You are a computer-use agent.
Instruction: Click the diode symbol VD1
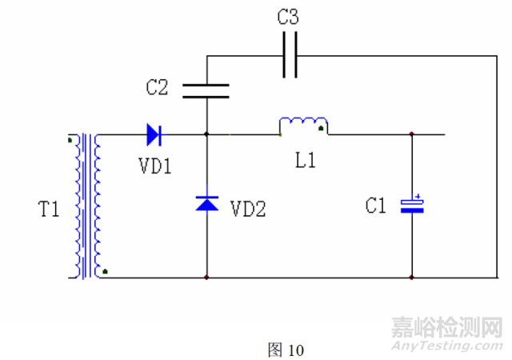coord(154,134)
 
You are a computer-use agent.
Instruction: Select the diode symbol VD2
coord(207,203)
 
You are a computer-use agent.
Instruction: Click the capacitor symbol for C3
coord(290,56)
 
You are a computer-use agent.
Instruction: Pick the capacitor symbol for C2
coord(207,90)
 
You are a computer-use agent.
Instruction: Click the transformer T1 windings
coord(86,206)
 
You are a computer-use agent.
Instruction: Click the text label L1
coord(305,160)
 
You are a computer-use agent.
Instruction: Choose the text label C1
coord(375,206)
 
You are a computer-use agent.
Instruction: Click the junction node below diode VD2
coord(207,278)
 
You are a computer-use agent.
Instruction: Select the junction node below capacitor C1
coord(412,278)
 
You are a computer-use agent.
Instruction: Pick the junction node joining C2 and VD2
coord(207,134)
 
